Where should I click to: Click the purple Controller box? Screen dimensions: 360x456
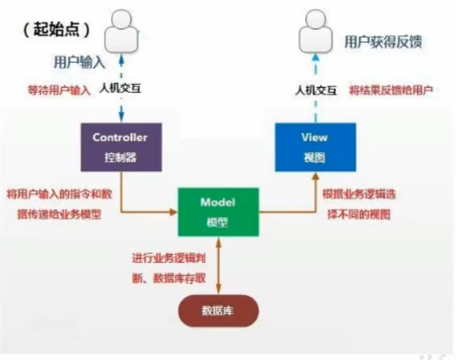(121, 147)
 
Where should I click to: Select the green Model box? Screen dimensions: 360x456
(218, 212)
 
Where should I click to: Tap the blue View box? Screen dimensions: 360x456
(315, 147)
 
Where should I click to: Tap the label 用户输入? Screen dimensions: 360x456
(80, 62)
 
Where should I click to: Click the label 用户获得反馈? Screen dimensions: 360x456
(384, 42)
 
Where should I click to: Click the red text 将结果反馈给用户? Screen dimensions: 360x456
(390, 90)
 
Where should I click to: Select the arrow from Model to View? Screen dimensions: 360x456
(295, 211)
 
